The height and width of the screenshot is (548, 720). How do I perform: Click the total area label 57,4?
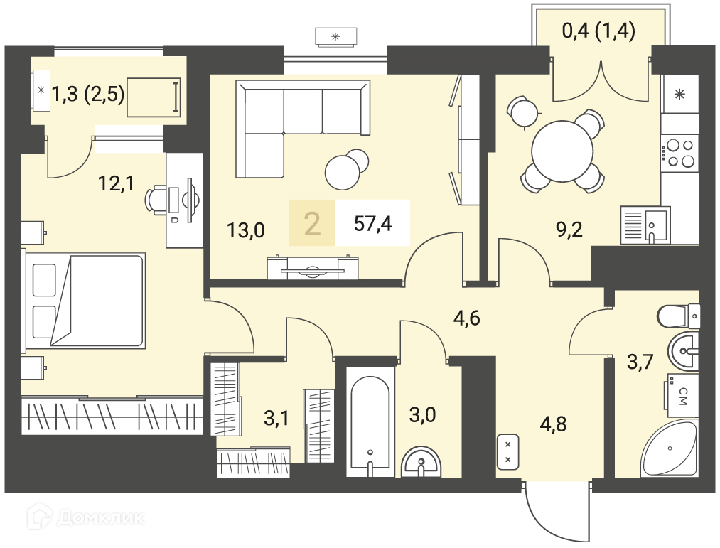373,224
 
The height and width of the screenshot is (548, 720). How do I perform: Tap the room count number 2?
312,224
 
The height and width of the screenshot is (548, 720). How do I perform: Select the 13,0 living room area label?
246,230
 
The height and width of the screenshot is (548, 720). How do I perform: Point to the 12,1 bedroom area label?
116,184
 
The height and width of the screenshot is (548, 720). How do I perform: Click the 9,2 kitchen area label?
569,230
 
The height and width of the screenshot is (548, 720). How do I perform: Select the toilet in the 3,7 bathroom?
679,316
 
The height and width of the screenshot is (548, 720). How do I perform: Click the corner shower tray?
670,448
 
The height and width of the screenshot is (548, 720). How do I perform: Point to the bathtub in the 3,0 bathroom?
370,421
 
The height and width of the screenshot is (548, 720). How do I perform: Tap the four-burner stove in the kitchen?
679,154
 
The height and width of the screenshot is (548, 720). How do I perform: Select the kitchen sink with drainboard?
645,225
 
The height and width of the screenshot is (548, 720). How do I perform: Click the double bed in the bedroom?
84,301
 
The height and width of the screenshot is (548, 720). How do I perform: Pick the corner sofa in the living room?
302,129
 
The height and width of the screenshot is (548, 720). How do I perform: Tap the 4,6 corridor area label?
466,318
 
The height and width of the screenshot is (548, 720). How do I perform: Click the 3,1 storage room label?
276,418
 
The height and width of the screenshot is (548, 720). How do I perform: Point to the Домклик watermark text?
100,518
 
